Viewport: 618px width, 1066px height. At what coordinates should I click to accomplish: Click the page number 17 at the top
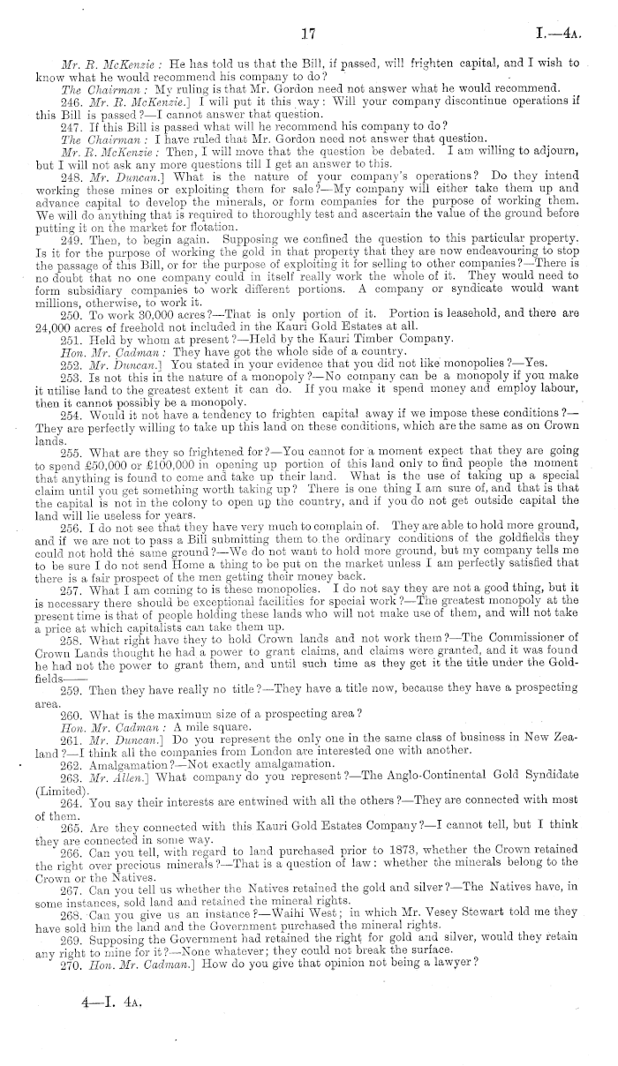(308, 34)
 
